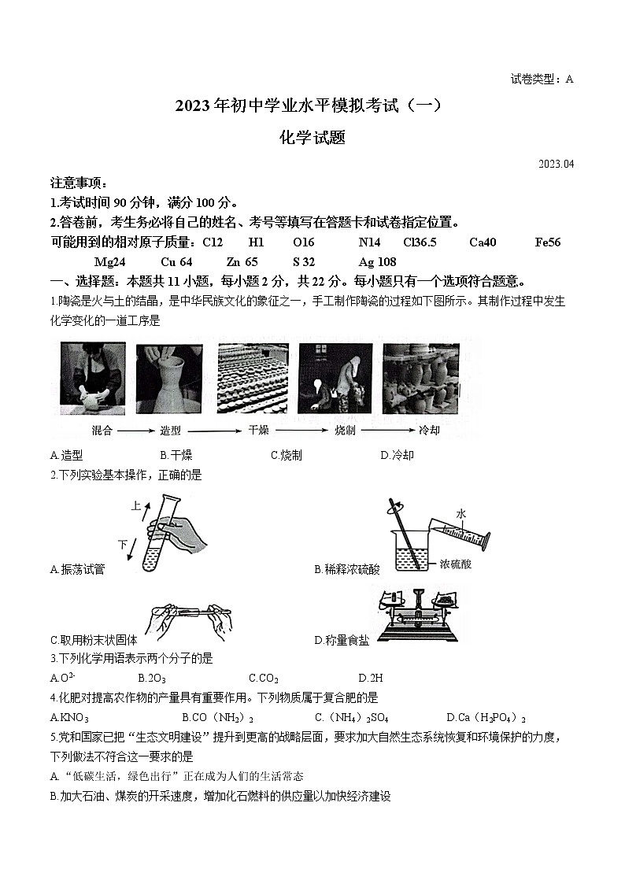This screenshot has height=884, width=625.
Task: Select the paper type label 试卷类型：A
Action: (x=542, y=79)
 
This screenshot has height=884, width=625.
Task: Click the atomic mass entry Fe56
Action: (x=547, y=242)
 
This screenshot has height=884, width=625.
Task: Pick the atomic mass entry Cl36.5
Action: (x=420, y=242)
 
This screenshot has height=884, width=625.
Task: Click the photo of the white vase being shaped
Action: (x=169, y=379)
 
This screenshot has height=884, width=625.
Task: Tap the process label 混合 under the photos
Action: (x=102, y=431)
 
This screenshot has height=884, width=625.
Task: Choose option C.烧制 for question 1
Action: (x=287, y=455)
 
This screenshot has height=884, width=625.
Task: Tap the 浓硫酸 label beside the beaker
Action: (x=456, y=564)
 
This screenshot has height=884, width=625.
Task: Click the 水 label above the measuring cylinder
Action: (x=461, y=514)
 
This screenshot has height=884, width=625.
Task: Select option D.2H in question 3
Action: (x=370, y=678)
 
